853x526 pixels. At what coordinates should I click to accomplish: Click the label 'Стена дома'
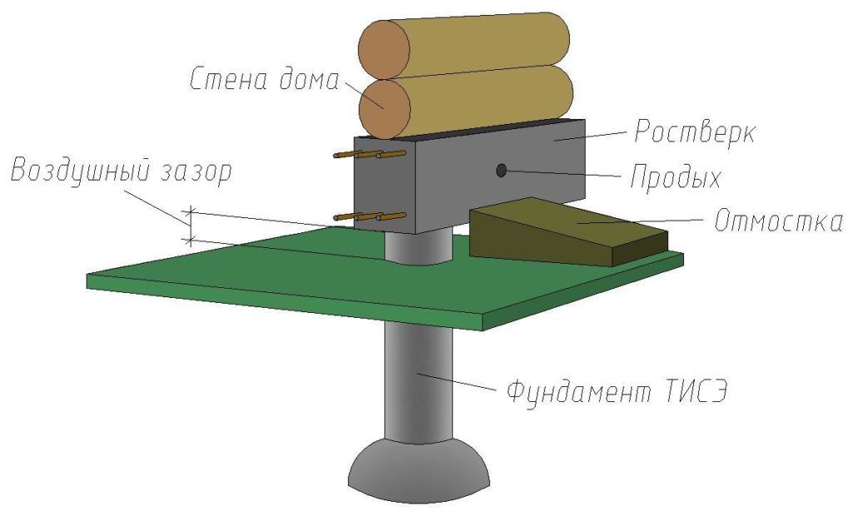tap(264, 79)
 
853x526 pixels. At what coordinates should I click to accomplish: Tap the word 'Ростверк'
tap(695, 131)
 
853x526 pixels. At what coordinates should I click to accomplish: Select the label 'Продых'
tap(675, 176)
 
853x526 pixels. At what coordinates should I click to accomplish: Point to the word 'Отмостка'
tap(779, 221)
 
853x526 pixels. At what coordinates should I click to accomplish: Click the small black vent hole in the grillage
tap(501, 171)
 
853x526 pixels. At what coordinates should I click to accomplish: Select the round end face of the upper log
tap(384, 49)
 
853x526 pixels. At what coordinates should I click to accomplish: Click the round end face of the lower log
tap(385, 109)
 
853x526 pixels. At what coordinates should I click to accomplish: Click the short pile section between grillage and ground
tap(418, 247)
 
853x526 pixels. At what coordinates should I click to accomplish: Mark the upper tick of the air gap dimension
tap(191, 212)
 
